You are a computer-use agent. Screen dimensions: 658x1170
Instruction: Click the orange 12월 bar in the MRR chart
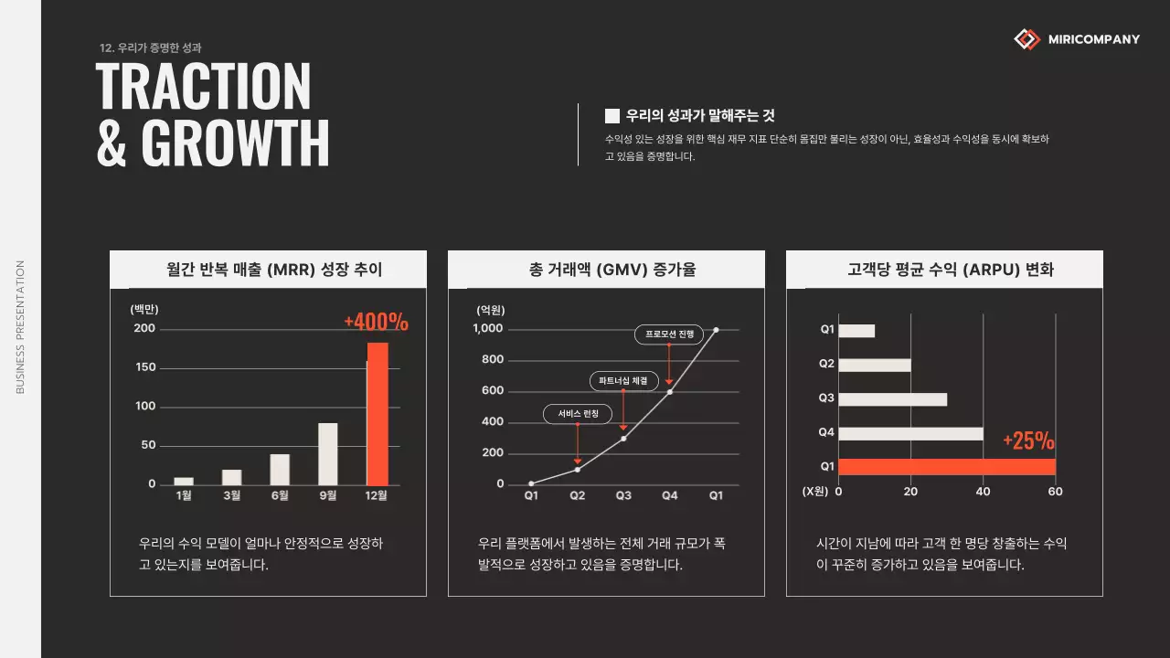378,414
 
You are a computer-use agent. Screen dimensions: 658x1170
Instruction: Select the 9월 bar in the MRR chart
327,453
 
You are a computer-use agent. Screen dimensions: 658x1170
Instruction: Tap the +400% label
376,322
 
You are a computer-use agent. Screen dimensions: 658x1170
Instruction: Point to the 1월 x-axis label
184,495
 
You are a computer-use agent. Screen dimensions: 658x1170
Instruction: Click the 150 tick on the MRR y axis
145,367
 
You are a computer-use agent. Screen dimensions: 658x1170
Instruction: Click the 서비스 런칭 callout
578,414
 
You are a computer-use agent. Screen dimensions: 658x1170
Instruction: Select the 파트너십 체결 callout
623,380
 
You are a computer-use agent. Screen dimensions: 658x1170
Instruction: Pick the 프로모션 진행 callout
669,334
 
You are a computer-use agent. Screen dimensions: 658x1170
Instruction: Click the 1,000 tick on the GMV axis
488,329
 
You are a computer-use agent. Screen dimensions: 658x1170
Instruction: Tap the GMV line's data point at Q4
669,392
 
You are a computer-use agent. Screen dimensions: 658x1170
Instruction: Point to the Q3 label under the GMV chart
623,495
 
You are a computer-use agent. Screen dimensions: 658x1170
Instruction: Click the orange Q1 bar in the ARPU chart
946,467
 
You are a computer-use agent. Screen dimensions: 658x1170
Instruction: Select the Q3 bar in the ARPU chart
892,398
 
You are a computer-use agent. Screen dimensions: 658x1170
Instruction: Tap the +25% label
1028,441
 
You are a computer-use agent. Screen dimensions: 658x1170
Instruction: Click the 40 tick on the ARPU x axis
983,492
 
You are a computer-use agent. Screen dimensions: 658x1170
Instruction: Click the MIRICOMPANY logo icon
1027,39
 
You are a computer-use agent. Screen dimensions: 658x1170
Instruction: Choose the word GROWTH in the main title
235,141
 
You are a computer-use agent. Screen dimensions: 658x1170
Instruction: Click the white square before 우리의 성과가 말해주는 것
612,116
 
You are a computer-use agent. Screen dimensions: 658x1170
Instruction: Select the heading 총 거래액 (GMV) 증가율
606,270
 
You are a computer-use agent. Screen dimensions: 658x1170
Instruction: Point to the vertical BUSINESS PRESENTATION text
20,327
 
